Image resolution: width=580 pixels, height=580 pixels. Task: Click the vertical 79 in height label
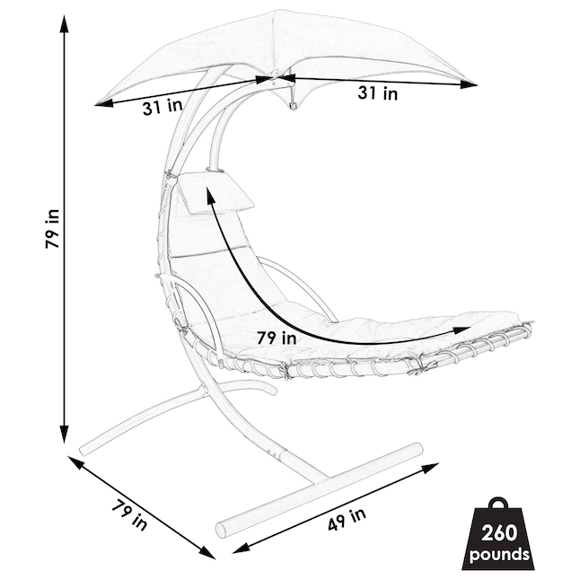tap(52, 229)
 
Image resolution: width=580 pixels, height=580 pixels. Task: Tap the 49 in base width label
tap(347, 519)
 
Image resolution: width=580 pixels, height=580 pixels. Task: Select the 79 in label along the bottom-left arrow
tap(129, 514)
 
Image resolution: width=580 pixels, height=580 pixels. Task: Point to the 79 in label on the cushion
tap(277, 338)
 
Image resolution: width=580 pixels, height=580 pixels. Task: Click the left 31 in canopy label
tap(163, 107)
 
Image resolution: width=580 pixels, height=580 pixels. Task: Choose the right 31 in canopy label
tap(378, 93)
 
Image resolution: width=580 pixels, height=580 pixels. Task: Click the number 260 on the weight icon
tap(498, 533)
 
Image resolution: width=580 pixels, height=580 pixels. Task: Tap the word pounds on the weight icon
tap(499, 555)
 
